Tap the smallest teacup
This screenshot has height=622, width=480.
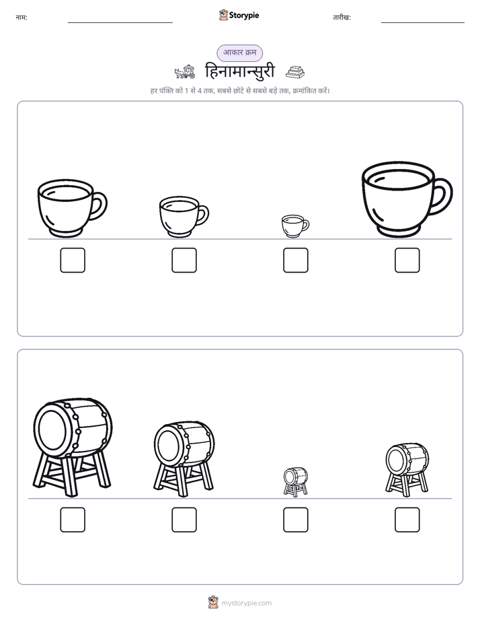tap(294, 226)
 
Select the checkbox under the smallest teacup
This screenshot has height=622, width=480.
tap(295, 261)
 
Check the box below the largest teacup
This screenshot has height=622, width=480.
tap(407, 261)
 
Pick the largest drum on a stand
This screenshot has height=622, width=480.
tap(72, 447)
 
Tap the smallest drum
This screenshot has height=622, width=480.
tap(295, 481)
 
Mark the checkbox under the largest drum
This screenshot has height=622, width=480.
tap(73, 520)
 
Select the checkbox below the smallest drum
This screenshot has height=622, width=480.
tap(295, 520)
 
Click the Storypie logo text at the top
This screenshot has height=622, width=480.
tap(244, 15)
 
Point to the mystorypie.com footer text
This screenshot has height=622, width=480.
tap(246, 603)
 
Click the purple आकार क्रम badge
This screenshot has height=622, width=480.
tap(239, 53)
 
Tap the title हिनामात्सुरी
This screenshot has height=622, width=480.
tap(239, 72)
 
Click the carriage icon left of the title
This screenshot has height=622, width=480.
tap(185, 72)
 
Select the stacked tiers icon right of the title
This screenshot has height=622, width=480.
tap(295, 72)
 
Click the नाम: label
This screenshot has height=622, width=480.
tap(22, 18)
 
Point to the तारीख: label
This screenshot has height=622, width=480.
tap(342, 18)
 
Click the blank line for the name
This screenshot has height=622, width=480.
tap(120, 23)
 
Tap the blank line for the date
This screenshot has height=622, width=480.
tap(423, 23)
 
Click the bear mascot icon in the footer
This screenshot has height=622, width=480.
tap(213, 602)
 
